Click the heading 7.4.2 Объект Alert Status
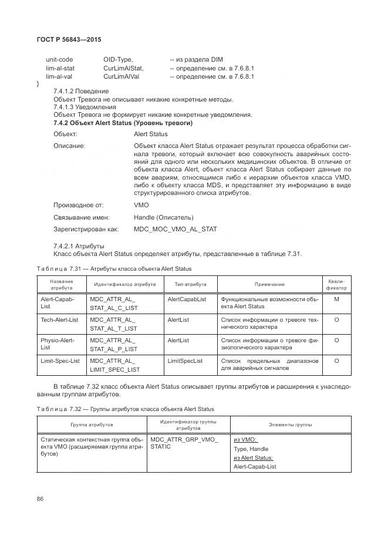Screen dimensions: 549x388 pyautogui.click(x=123, y=123)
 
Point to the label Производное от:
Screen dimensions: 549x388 pyautogui.click(x=78, y=205)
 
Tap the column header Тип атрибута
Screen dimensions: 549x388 pyautogui.click(x=190, y=284)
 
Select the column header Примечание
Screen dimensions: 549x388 pyautogui.click(x=269, y=284)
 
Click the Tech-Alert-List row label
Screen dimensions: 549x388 pyautogui.click(x=59, y=319)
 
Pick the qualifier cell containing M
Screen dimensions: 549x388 pyautogui.click(x=336, y=299)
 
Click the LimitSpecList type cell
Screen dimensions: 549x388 pyautogui.click(x=185, y=361)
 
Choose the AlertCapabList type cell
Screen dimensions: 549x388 pyautogui.click(x=187, y=299)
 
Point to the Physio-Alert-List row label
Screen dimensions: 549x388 pyautogui.click(x=57, y=343)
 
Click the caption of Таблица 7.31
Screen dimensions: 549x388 pyautogui.click(x=114, y=269)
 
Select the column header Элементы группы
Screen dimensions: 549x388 pyautogui.click(x=291, y=424)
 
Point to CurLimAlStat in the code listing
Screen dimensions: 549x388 pyautogui.click(x=123, y=68)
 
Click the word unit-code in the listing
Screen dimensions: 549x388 pyautogui.click(x=59, y=59)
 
